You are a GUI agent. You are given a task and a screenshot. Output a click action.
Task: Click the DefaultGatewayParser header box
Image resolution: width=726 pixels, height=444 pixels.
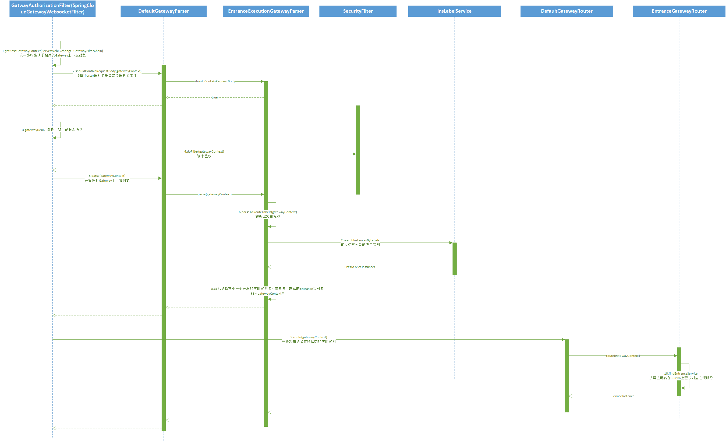(x=164, y=11)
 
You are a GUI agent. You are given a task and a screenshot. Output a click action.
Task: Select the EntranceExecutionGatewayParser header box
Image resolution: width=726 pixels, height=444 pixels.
(x=266, y=11)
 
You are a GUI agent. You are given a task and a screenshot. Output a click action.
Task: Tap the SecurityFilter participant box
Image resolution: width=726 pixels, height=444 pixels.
(x=358, y=11)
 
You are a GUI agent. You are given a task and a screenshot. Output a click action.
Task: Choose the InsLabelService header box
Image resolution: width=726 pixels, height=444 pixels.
(x=454, y=11)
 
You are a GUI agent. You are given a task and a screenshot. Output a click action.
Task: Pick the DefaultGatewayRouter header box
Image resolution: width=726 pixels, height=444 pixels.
(x=566, y=11)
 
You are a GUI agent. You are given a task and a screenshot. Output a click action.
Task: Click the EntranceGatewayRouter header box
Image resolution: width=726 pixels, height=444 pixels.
(x=679, y=11)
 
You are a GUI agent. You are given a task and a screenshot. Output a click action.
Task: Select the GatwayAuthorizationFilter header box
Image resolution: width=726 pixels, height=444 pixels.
(x=52, y=9)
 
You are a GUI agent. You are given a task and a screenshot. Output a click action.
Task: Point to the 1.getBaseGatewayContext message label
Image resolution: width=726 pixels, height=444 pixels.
(x=52, y=51)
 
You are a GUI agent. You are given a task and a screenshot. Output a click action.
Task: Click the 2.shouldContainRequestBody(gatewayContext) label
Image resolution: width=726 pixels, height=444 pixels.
(x=107, y=71)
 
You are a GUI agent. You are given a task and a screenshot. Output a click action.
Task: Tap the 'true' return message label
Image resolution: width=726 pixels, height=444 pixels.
(x=214, y=98)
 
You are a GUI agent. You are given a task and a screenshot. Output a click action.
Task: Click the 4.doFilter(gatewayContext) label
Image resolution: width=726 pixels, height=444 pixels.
(x=204, y=152)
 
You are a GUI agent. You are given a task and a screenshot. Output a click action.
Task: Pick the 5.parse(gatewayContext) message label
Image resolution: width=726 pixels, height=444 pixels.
(x=107, y=176)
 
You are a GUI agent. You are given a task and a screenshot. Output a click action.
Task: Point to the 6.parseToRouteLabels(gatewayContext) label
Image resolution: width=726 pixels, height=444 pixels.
(x=268, y=212)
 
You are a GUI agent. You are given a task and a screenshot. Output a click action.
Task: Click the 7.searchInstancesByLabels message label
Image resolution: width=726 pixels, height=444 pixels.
(x=360, y=241)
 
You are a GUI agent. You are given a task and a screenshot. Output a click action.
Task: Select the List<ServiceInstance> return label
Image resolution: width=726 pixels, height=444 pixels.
(x=360, y=267)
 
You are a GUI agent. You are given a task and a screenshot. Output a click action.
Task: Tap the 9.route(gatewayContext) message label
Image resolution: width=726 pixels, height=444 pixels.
(x=309, y=337)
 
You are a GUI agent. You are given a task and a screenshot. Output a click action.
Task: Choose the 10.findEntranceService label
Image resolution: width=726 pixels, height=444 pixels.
(x=681, y=373)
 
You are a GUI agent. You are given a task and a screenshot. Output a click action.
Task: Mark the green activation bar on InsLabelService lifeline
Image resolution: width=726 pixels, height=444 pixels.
(x=454, y=259)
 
